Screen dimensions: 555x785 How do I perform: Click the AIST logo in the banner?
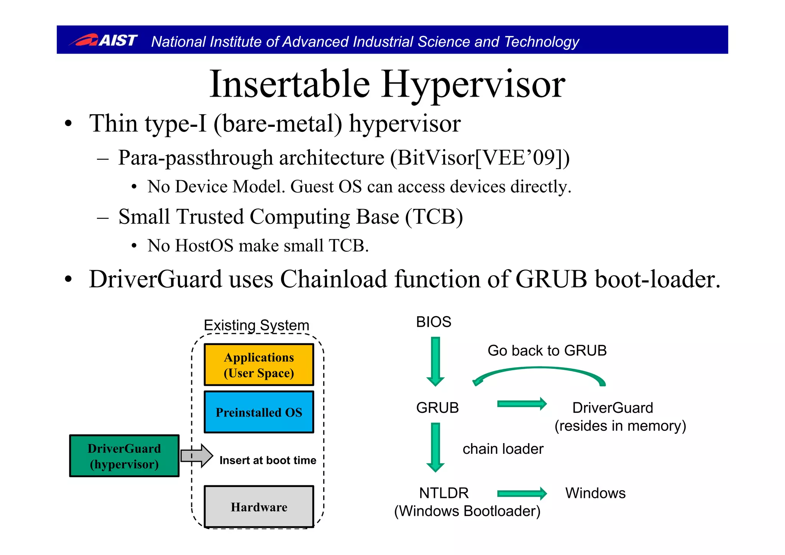coord(103,40)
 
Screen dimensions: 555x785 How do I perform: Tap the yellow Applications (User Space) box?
coord(259,365)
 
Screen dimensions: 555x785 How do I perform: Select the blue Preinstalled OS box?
coord(259,412)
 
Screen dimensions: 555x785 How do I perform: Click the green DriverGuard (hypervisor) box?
coord(124,456)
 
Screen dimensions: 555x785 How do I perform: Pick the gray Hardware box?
coord(259,507)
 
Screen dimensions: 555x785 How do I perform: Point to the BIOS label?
coord(434,322)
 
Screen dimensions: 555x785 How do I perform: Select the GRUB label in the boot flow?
coord(437,407)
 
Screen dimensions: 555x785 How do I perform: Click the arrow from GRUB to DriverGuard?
coord(521,404)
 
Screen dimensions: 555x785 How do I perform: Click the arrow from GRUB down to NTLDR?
coord(435,447)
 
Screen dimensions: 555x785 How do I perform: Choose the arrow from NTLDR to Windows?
coord(521,493)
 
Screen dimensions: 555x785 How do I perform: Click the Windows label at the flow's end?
coord(595,493)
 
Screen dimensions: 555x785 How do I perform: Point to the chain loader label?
coord(503,449)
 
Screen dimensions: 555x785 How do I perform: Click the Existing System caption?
coord(256,325)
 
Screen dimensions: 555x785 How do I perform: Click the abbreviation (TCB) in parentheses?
coord(434,217)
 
